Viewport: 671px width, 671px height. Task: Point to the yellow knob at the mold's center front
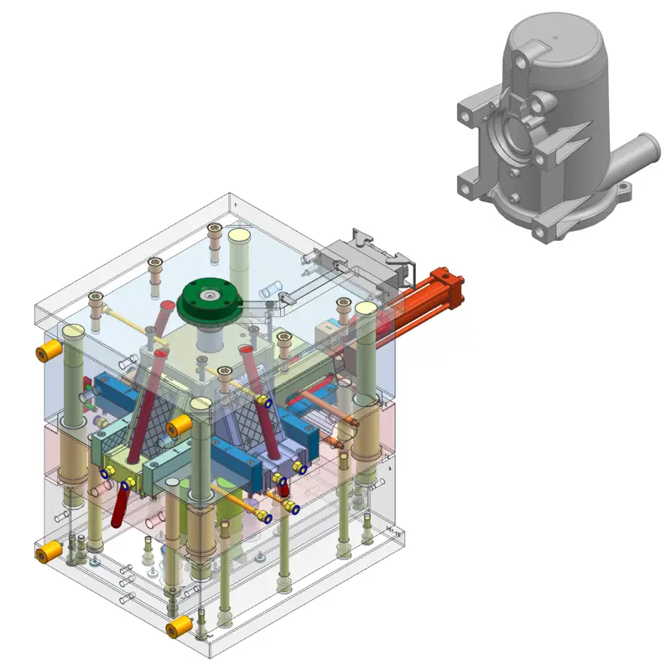[x=177, y=428]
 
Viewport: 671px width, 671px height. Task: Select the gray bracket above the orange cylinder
[x=369, y=252]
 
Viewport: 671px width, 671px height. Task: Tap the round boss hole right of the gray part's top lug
[x=538, y=104]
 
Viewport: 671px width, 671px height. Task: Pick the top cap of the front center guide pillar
[x=200, y=406]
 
